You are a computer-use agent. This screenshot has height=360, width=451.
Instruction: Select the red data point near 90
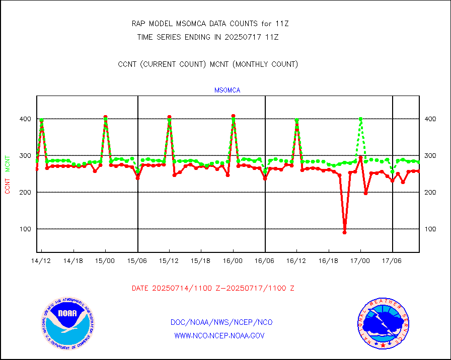344,232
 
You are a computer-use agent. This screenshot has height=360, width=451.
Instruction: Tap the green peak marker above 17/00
360,119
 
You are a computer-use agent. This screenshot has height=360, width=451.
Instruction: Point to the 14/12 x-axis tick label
41,261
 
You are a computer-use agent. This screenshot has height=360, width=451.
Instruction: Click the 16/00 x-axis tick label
233,261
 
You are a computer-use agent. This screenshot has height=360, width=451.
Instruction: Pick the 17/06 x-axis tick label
392,261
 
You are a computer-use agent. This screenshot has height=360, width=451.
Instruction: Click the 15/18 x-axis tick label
201,261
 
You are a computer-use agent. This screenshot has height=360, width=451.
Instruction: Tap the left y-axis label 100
26,229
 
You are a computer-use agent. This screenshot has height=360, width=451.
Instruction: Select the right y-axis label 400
430,119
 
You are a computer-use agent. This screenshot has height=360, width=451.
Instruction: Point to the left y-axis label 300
26,156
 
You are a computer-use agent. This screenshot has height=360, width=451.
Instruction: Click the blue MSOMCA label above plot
228,91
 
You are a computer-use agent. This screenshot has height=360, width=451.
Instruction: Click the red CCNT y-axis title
8,185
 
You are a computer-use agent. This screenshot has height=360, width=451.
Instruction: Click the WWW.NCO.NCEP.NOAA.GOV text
219,335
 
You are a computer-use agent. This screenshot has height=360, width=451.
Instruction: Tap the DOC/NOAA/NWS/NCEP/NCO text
221,322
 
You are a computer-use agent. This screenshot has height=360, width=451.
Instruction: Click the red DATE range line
213,289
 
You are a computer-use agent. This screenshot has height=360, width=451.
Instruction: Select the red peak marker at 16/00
233,116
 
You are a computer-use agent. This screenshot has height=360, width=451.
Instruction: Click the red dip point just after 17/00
366,193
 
